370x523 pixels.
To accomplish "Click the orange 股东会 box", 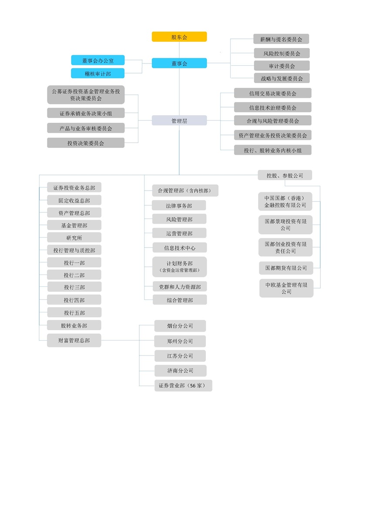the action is (x=179, y=37).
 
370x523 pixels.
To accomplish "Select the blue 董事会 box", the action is (x=179, y=63).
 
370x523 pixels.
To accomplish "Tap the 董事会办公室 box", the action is (x=98, y=60).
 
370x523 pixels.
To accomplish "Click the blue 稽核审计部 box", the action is (x=98, y=73).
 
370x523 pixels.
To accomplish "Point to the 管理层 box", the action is (x=179, y=120).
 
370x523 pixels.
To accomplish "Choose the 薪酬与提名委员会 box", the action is (x=281, y=39).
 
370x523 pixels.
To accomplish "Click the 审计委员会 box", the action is (x=282, y=66).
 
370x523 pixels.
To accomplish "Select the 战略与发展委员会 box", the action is (x=282, y=78).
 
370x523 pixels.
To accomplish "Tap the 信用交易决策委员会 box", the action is (x=272, y=93).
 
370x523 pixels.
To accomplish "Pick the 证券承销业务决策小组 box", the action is (x=86, y=113).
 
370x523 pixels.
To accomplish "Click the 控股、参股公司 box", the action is (x=285, y=175).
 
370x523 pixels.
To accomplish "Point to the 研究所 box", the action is (x=74, y=238).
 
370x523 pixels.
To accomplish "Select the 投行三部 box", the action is (x=74, y=287).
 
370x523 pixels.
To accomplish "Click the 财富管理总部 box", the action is (x=74, y=340).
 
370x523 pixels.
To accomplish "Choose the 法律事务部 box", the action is (x=179, y=205).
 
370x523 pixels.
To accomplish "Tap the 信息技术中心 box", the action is (x=180, y=248).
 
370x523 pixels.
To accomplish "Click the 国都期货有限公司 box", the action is (x=286, y=268).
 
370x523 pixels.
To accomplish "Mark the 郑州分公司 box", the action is (x=180, y=341).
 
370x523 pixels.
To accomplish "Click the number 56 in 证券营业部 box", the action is (x=193, y=386).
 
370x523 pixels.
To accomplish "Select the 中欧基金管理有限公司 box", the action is (x=286, y=288).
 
